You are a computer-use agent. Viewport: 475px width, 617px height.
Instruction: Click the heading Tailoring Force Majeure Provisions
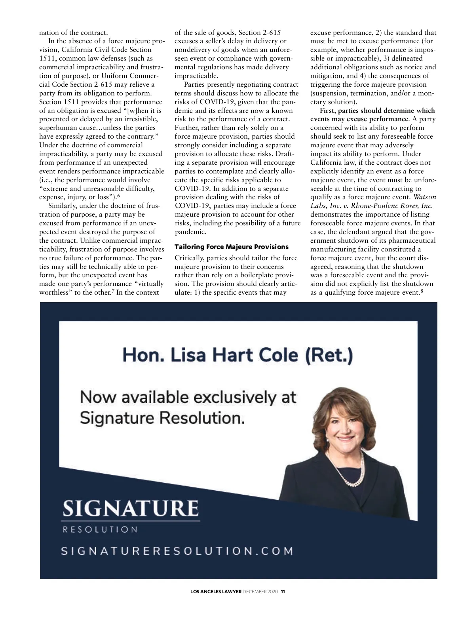[232, 247]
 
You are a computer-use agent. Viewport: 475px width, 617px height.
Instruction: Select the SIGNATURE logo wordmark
[130, 508]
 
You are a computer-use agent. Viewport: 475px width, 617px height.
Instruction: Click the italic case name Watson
[425, 197]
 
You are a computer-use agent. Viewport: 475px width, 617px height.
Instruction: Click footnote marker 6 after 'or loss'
[118, 196]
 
